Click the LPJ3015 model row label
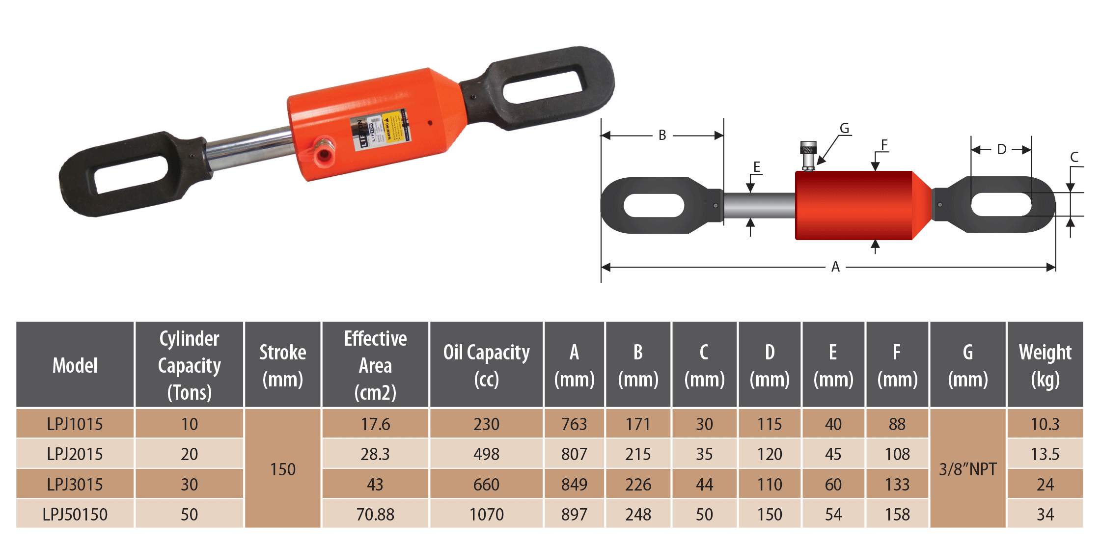[75, 485]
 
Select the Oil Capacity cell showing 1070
[486, 514]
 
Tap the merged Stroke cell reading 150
[283, 469]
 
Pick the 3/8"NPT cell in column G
[967, 469]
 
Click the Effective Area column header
[375, 365]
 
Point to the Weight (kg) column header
[1045, 365]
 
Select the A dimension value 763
[574, 424]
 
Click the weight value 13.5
[1045, 454]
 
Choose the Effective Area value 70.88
[375, 514]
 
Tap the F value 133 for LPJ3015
[897, 485]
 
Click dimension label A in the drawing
[835, 267]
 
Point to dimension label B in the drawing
[662, 135]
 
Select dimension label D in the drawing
[1001, 149]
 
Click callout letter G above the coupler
[844, 129]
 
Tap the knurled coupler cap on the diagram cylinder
[808, 148]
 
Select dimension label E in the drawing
[757, 167]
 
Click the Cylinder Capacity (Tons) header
[189, 365]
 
